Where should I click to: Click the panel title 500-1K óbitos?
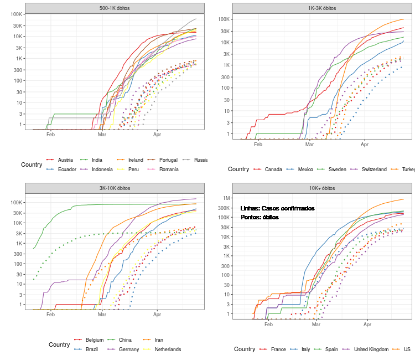point(115,8)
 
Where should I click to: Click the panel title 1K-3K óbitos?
point(323,8)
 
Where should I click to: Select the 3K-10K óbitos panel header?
point(115,188)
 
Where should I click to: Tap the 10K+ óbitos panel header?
point(323,188)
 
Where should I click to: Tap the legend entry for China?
point(125,340)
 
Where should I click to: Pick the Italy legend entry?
point(305,349)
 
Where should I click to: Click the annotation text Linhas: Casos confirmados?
point(277,208)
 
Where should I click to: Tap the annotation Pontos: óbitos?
point(260,217)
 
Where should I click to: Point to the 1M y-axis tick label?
point(226,198)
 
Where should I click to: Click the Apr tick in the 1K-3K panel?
point(365,145)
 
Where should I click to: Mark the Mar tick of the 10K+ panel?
point(316,325)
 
